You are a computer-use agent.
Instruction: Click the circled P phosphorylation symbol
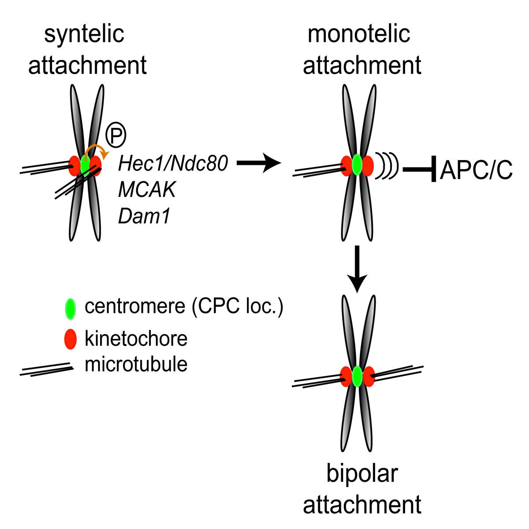click(116, 135)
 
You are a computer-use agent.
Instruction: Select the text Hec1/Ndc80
click(173, 164)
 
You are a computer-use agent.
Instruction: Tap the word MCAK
click(147, 190)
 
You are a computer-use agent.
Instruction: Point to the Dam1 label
click(144, 216)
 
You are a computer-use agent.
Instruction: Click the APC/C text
click(476, 170)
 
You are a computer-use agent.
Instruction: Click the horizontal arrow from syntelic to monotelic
click(259, 164)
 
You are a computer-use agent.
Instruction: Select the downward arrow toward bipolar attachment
click(358, 269)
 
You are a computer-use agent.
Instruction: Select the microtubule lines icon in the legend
click(46, 369)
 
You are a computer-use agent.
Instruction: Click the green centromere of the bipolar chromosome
click(358, 376)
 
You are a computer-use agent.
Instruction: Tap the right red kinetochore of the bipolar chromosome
click(368, 376)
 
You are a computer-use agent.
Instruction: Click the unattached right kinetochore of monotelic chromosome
click(368, 166)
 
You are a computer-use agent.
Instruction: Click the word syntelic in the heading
click(84, 34)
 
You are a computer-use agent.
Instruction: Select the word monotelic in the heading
click(359, 34)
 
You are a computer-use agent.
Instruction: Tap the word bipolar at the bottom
click(362, 474)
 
